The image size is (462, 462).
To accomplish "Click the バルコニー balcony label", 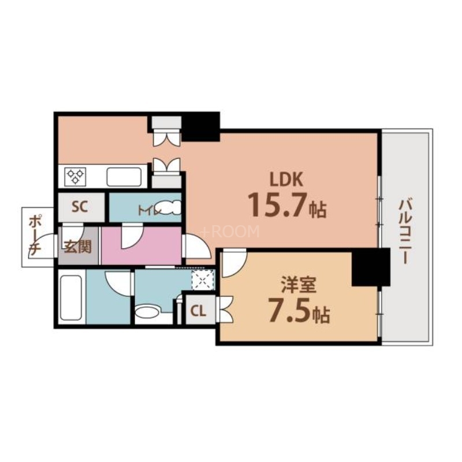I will click(405, 231).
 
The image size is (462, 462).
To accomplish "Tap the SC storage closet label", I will click(80, 207).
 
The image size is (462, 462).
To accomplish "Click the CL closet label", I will click(198, 311).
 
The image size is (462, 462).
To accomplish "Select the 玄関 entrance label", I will click(77, 248).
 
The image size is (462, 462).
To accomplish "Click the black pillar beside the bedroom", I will click(370, 267).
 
